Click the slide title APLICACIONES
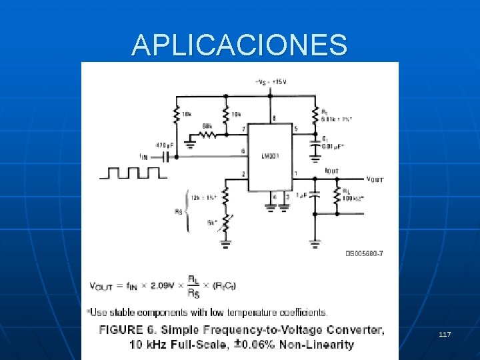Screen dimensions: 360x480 click(x=239, y=45)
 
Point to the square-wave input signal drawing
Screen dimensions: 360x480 click(x=133, y=173)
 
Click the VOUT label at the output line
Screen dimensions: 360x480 click(x=375, y=179)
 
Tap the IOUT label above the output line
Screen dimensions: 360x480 click(x=331, y=171)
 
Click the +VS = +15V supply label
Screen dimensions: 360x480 click(x=270, y=82)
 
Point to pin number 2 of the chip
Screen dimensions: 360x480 click(x=243, y=174)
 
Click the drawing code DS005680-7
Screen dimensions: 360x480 click(x=364, y=253)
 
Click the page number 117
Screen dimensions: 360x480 click(x=445, y=333)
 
